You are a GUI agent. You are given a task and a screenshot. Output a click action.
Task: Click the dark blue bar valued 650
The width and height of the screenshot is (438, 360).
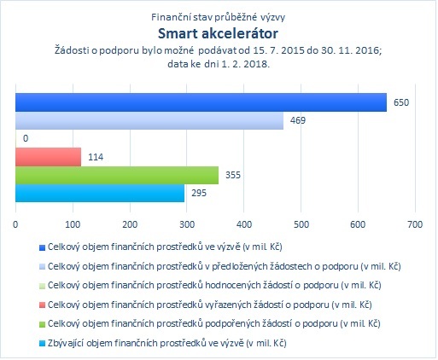pyautogui.click(x=201, y=102)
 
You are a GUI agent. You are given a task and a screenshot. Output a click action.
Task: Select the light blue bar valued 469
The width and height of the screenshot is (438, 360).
pyautogui.click(x=149, y=120)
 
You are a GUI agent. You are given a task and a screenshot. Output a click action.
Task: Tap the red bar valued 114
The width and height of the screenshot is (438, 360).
pyautogui.click(x=48, y=157)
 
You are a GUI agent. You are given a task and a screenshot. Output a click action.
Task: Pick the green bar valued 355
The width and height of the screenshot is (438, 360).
pyautogui.click(x=117, y=175)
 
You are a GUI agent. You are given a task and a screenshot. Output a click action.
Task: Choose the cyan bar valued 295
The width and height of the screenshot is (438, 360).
pyautogui.click(x=100, y=194)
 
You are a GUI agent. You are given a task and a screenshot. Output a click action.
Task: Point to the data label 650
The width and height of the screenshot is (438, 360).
pyautogui.click(x=401, y=102)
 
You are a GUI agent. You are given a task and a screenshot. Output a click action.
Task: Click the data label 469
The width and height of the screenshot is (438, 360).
pyautogui.click(x=298, y=120)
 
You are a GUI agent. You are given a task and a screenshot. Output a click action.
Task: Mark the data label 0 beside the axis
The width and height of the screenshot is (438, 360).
pyautogui.click(x=26, y=138)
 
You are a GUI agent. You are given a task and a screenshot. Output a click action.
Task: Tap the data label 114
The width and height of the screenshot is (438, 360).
pyautogui.click(x=96, y=157)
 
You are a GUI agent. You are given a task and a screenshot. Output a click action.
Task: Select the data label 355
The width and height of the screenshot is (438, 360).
pyautogui.click(x=233, y=175)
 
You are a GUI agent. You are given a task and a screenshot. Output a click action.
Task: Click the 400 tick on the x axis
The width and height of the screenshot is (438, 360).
pyautogui.click(x=244, y=224)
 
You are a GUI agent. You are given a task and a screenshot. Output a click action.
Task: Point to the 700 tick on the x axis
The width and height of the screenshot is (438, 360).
pyautogui.click(x=415, y=224)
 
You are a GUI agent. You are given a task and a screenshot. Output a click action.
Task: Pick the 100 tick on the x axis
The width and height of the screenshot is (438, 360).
pyautogui.click(x=73, y=224)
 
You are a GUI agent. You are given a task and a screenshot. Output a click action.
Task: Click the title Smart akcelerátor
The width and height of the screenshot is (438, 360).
pyautogui.click(x=218, y=33)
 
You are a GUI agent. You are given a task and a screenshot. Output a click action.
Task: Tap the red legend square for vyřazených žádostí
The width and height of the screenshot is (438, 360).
pyautogui.click(x=42, y=305)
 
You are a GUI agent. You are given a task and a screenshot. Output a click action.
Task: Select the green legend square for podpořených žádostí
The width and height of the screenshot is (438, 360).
pyautogui.click(x=42, y=324)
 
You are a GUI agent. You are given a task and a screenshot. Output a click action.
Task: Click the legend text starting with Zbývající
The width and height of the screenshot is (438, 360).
pyautogui.click(x=167, y=343)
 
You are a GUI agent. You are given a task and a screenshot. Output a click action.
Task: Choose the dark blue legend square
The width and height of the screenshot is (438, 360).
pyautogui.click(x=42, y=248)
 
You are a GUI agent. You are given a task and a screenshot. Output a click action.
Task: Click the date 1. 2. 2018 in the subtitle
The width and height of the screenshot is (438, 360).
pyautogui.click(x=245, y=64)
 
